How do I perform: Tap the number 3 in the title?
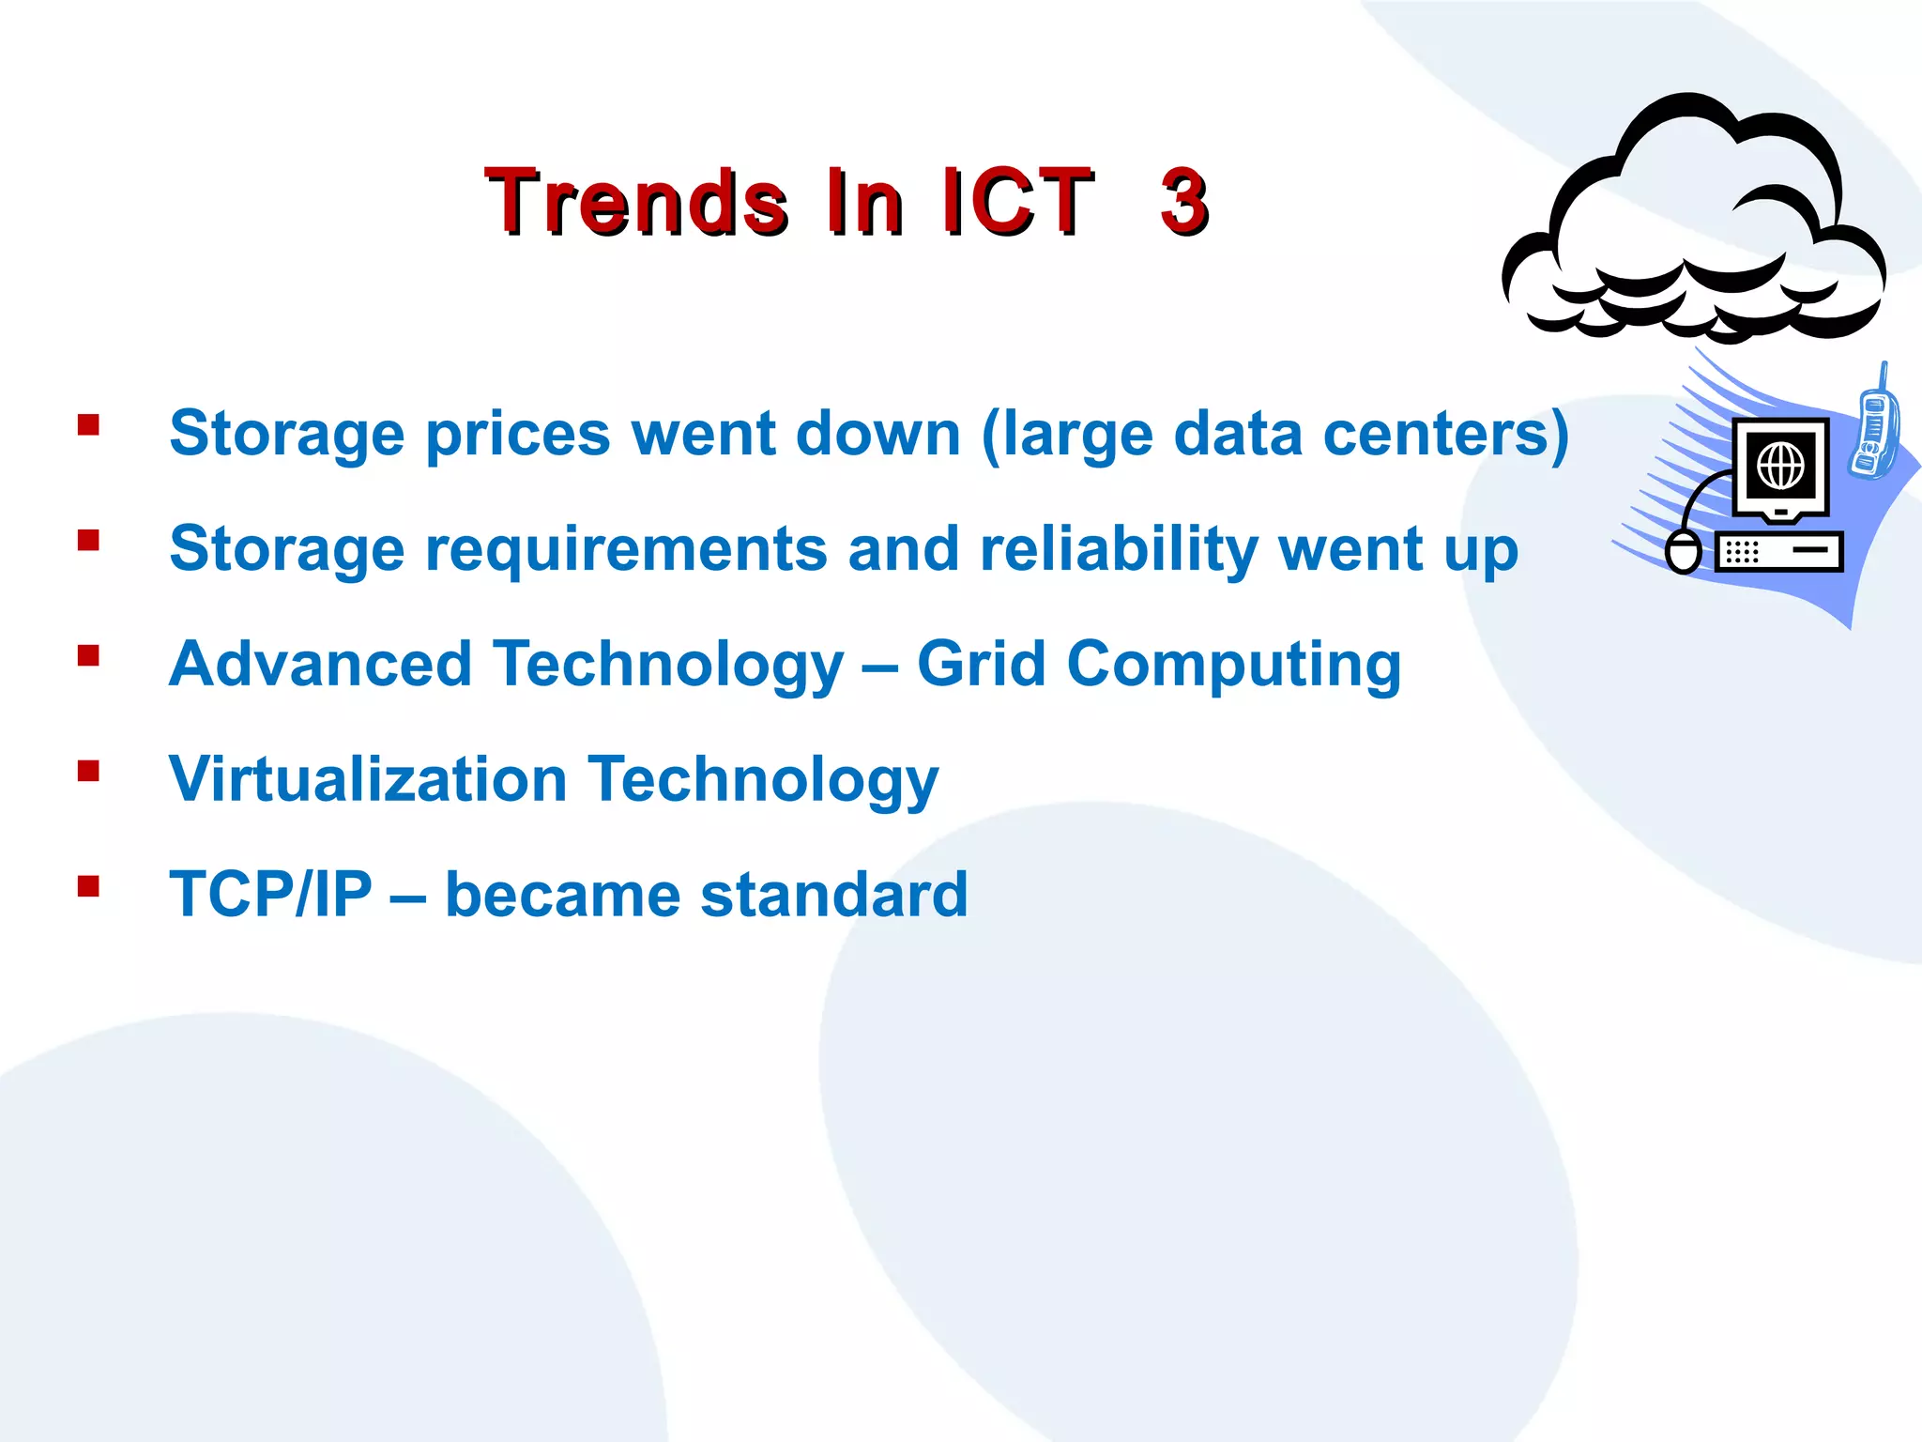pyautogui.click(x=1183, y=201)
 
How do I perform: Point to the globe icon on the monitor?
pyautogui.click(x=1780, y=465)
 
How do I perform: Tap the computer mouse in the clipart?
pyautogui.click(x=1683, y=551)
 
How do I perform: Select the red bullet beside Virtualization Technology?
pyautogui.click(x=89, y=771)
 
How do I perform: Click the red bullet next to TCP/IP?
pyautogui.click(x=89, y=886)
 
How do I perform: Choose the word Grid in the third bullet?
pyautogui.click(x=981, y=665)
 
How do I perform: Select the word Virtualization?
pyautogui.click(x=368, y=779)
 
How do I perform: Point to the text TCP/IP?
pyautogui.click(x=270, y=895)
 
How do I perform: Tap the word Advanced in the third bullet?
pyautogui.click(x=320, y=665)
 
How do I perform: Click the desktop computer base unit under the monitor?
pyautogui.click(x=1778, y=551)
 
